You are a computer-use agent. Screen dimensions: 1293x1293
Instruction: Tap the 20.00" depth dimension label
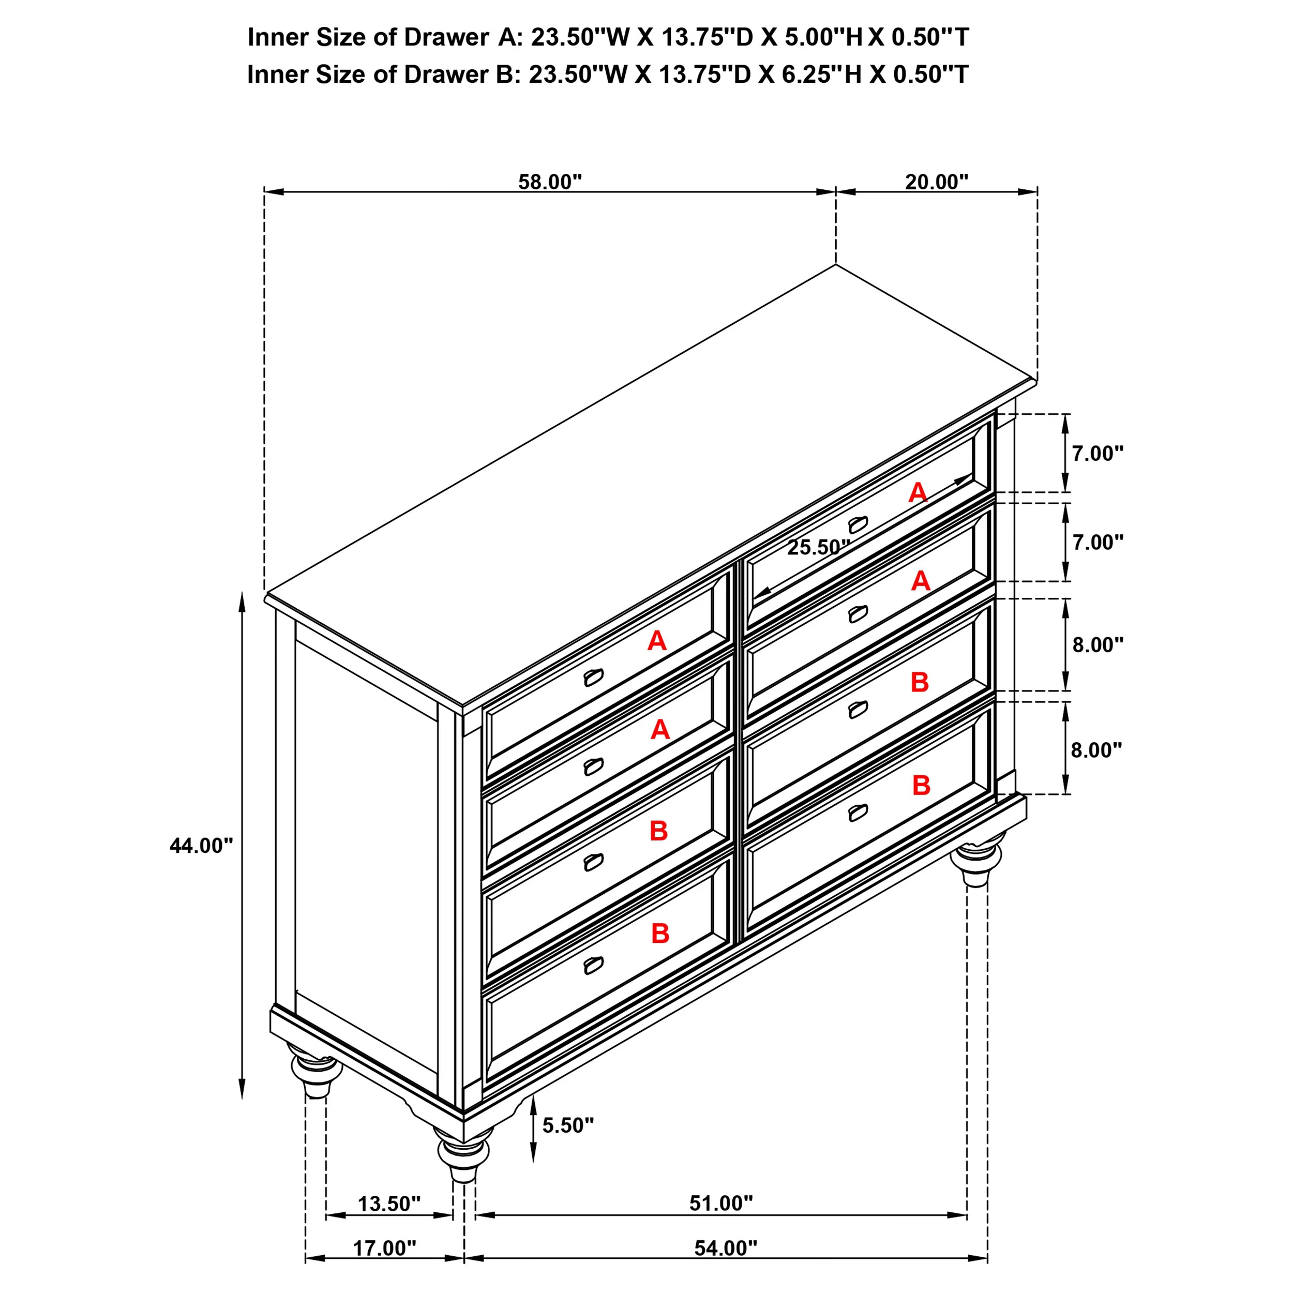936,182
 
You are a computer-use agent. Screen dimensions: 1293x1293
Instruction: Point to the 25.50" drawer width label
818,547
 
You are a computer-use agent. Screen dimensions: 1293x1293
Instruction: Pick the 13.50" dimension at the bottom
389,1204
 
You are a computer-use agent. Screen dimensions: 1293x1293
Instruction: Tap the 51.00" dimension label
721,1204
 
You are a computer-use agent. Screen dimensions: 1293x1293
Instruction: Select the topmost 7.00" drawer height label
1097,454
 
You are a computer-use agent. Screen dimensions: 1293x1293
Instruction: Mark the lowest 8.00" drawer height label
1096,750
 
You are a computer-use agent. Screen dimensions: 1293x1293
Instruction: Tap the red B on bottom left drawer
660,933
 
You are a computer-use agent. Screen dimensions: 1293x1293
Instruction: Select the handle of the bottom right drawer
858,813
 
